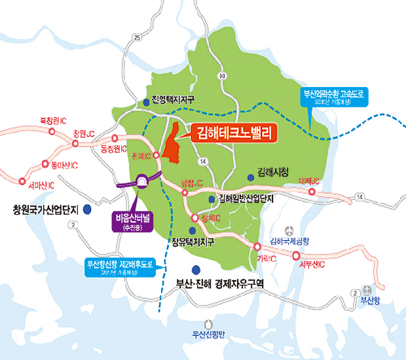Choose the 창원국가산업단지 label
tap(45, 210)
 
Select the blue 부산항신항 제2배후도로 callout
tap(120, 268)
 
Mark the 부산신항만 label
tap(208, 334)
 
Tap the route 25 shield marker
tap(137, 38)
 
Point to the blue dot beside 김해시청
tap(251, 177)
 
